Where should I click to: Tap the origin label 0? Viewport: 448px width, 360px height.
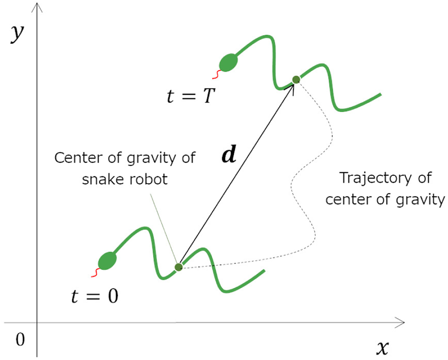(x=20, y=340)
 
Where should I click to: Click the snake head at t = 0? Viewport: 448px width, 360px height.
(x=107, y=260)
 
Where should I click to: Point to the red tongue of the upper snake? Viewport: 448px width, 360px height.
(x=215, y=74)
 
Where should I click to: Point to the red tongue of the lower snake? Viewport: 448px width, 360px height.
(x=94, y=273)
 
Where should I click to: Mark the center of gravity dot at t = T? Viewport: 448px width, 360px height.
(x=296, y=79)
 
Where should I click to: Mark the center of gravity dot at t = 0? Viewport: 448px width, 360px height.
(x=179, y=267)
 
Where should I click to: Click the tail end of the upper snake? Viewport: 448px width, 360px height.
(x=381, y=94)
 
